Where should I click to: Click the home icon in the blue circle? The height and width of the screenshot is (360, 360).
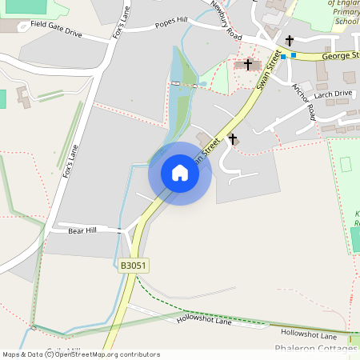pos(179,173)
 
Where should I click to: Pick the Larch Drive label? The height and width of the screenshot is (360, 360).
pos(334,94)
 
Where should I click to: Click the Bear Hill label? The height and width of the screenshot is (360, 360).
pos(82,230)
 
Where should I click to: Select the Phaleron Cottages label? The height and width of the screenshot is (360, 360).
pos(316,349)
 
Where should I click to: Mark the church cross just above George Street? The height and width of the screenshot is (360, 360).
pos(289,40)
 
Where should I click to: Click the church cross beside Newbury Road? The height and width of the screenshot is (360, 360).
pos(248,63)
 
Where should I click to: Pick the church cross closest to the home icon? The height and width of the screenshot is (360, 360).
pos(233,139)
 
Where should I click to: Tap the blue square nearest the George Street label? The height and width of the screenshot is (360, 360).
pos(294,55)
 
